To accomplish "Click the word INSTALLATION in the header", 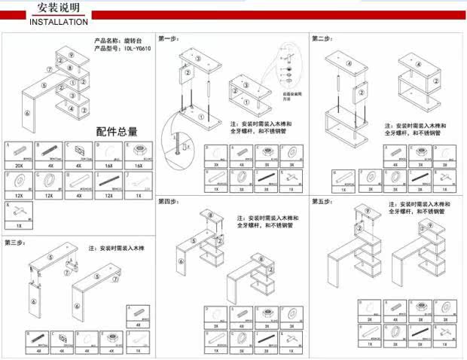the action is (x=59, y=23).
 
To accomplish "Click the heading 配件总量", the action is (x=114, y=132).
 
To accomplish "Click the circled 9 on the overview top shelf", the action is (x=70, y=56).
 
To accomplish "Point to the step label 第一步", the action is (x=167, y=38).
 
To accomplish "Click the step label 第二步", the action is (x=322, y=38).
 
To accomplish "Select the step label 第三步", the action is (x=15, y=243).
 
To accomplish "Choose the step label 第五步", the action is (x=322, y=202).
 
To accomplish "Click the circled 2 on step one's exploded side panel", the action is (x=185, y=73).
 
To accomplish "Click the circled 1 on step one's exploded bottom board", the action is (x=200, y=117).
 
